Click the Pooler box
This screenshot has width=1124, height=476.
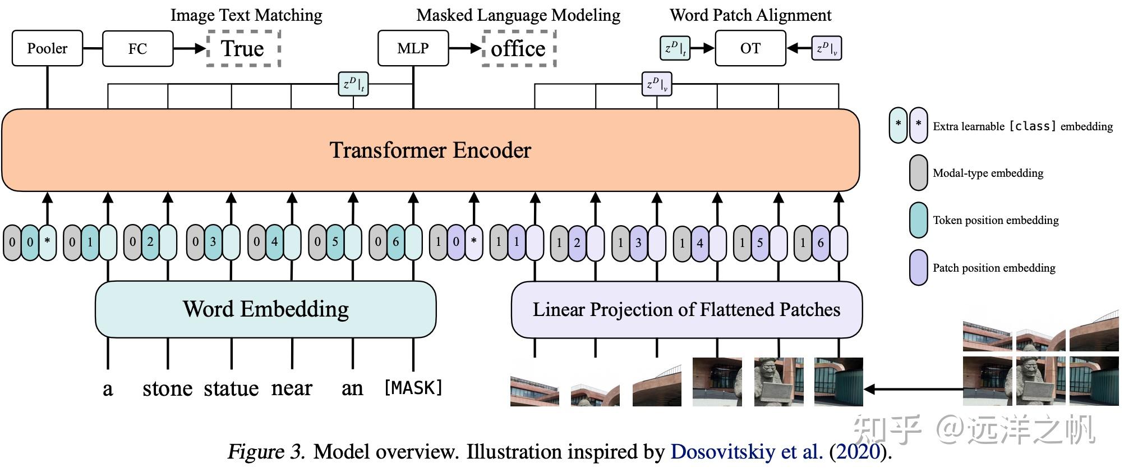pos(47,49)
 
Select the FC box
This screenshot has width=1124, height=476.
pos(137,49)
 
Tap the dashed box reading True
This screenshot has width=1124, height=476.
pos(243,49)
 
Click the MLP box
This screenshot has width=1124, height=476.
pos(413,49)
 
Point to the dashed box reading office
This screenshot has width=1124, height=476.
pos(518,49)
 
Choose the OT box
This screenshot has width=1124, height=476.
pos(750,49)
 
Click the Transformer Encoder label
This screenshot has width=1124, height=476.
pos(430,150)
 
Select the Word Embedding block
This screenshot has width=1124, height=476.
pos(265,309)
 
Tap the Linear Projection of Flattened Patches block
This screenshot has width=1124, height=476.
pos(686,309)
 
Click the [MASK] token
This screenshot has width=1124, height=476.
pos(413,388)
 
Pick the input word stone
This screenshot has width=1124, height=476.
pos(167,388)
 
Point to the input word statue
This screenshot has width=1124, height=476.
pos(231,388)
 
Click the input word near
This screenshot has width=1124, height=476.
pos(292,388)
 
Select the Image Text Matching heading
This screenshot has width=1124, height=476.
pos(246,15)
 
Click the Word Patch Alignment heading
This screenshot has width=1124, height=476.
pos(750,15)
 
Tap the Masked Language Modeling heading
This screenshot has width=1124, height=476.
pos(518,15)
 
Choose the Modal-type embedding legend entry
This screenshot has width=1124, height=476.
pos(988,173)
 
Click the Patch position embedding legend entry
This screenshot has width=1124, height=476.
pos(994,268)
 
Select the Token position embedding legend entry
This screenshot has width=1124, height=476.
pos(996,220)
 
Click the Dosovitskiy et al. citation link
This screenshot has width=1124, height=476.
pos(747,452)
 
